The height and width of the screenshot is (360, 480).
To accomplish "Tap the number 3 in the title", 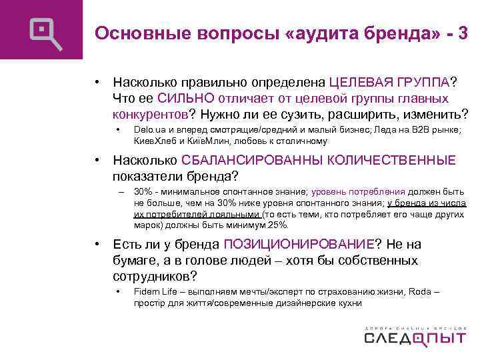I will pyautogui.click(x=463, y=33).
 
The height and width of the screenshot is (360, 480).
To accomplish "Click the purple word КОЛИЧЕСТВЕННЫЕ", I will pyautogui.click(x=389, y=161).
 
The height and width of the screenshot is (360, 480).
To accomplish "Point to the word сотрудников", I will pyautogui.click(x=156, y=275).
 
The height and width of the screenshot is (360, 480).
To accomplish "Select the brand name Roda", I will pyautogui.click(x=421, y=291).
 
